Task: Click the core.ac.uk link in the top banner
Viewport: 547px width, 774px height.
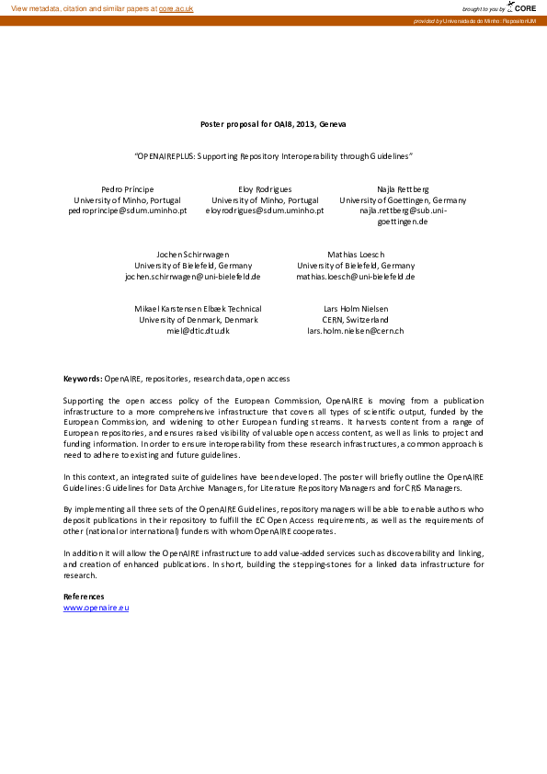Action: tap(176, 8)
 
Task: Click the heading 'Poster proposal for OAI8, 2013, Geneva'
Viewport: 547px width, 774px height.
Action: tap(273, 123)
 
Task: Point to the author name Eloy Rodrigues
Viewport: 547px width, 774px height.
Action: tap(265, 188)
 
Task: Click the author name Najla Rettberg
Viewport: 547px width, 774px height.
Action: tap(403, 188)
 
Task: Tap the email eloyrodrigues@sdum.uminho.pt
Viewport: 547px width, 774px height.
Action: tap(265, 211)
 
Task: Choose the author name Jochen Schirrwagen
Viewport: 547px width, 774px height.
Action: tap(193, 254)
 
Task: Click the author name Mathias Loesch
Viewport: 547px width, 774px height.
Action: tap(356, 254)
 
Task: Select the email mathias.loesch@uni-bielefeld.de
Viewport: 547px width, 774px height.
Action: tap(356, 276)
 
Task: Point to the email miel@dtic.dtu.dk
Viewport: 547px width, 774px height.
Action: tap(198, 330)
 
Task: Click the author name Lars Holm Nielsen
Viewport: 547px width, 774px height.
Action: tap(356, 309)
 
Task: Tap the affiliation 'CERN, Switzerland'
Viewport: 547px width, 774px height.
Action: tap(356, 320)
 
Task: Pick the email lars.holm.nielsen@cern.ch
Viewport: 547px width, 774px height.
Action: tap(356, 330)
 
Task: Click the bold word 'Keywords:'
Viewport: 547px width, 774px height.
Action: tap(82, 379)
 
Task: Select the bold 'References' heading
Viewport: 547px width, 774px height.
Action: tap(84, 598)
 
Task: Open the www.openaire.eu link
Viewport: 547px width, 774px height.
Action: tap(96, 609)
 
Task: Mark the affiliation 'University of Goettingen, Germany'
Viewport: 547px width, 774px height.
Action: tap(403, 199)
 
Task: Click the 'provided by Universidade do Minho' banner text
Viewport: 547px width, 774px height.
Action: tap(474, 20)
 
